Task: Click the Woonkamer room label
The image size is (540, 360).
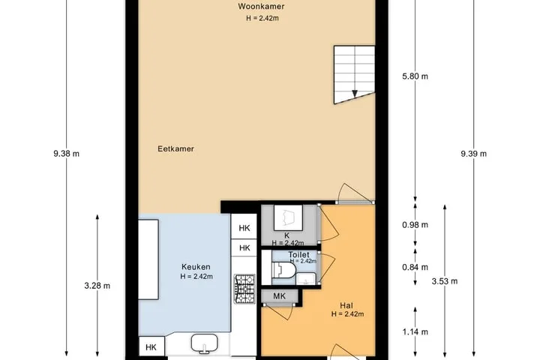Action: click(261, 7)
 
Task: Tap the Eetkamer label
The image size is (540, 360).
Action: click(175, 148)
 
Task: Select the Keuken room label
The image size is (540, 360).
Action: click(196, 267)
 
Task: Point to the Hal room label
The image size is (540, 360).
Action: click(346, 305)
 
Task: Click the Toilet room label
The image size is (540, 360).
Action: click(298, 254)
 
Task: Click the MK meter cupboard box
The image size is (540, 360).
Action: click(279, 296)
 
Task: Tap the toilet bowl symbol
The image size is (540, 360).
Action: click(283, 269)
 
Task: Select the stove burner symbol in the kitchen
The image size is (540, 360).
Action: click(244, 289)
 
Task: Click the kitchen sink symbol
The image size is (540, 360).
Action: click(205, 343)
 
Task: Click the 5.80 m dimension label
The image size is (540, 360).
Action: click(415, 76)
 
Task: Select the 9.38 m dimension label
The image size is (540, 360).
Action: click(67, 154)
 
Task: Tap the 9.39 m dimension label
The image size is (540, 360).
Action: click(474, 154)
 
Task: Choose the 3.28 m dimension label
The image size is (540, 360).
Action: click(97, 286)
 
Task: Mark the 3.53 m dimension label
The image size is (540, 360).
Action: click(445, 281)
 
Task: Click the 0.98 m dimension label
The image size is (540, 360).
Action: click(415, 225)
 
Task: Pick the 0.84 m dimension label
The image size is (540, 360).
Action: click(415, 267)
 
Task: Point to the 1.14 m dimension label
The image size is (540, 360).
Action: click(415, 331)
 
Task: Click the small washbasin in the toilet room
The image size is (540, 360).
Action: click(306, 278)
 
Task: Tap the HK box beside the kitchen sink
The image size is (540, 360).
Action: click(151, 347)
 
